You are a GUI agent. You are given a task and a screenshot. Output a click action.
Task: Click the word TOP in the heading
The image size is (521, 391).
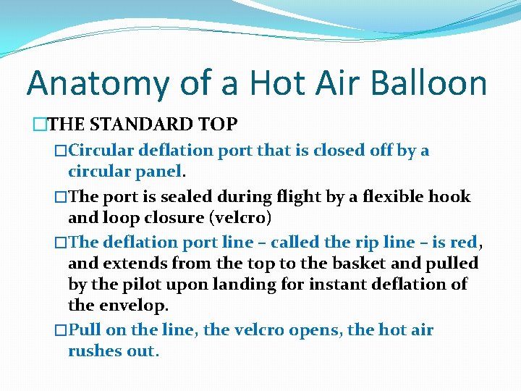(216, 125)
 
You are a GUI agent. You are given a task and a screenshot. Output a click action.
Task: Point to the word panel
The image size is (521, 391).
(160, 172)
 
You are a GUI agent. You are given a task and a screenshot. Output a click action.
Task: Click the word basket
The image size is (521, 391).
(360, 263)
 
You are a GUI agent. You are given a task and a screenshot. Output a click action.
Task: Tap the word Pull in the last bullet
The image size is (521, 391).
(85, 330)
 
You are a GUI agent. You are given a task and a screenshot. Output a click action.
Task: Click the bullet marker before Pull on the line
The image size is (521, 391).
(62, 330)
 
